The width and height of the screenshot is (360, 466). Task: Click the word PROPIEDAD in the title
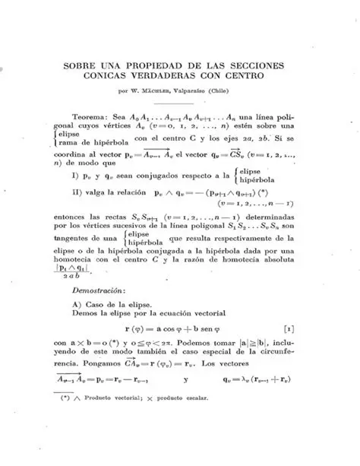[x=150, y=65]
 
